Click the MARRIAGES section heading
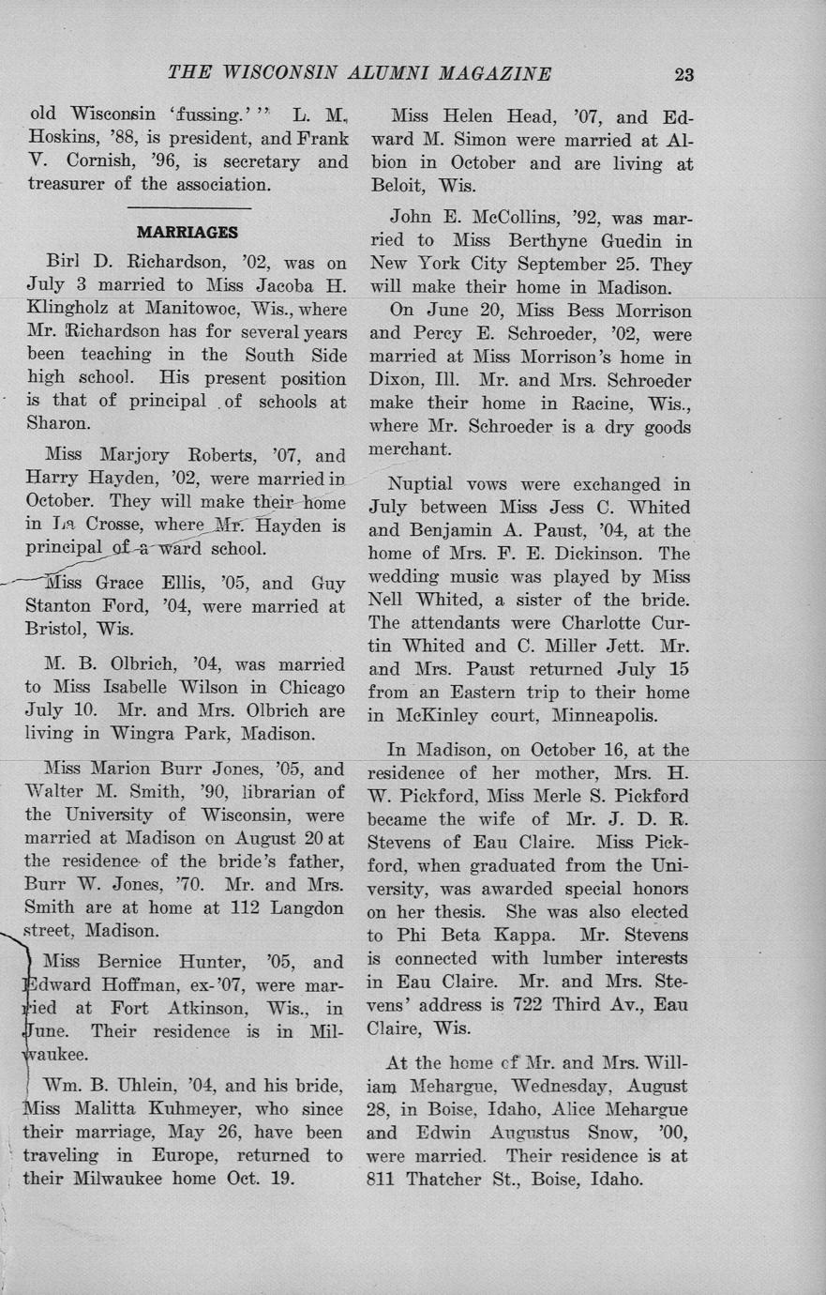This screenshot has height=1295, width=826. coord(188,232)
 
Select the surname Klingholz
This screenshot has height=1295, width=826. coord(71,308)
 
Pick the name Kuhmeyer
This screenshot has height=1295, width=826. coord(207,1109)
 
